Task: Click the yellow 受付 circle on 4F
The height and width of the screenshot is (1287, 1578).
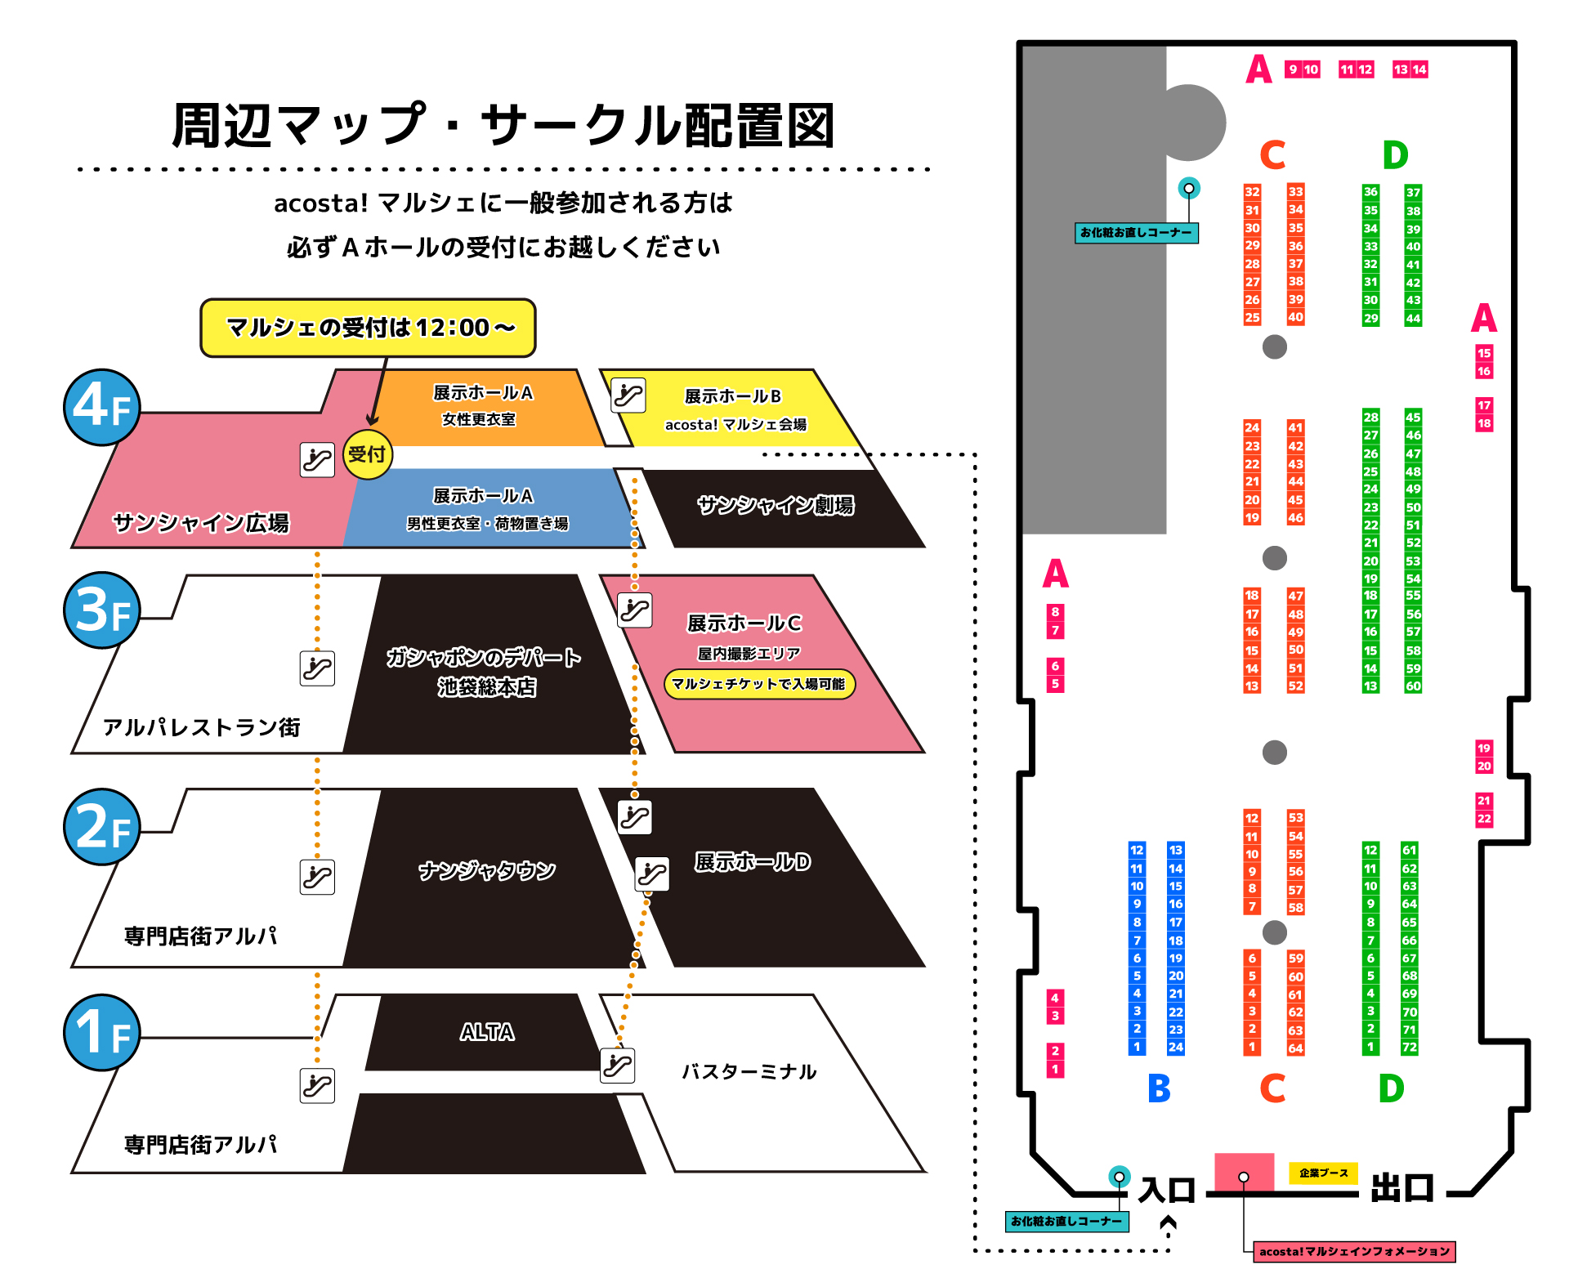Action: click(x=367, y=454)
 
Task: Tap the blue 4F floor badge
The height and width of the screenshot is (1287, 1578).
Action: click(x=102, y=407)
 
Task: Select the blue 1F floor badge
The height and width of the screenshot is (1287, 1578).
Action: click(x=102, y=1033)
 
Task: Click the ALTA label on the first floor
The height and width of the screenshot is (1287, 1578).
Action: click(x=487, y=1032)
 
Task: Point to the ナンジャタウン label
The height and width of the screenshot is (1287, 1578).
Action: click(x=487, y=871)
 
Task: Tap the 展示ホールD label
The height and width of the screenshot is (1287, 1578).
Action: click(x=753, y=862)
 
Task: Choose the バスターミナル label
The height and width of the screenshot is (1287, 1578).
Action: click(x=749, y=1071)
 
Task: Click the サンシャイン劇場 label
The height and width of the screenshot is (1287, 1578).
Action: click(x=776, y=506)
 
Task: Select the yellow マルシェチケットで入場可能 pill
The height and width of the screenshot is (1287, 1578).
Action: click(x=759, y=684)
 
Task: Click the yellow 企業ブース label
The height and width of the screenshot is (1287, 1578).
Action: click(x=1323, y=1173)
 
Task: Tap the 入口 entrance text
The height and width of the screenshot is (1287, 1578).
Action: click(x=1167, y=1190)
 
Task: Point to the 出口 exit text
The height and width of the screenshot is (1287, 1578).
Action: click(x=1402, y=1188)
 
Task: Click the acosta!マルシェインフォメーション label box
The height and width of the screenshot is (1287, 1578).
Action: click(x=1354, y=1251)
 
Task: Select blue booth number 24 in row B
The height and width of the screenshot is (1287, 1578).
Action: click(x=1176, y=1047)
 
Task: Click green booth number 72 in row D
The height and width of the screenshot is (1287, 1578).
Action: click(x=1410, y=1047)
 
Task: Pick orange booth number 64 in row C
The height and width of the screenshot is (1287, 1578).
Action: click(x=1296, y=1048)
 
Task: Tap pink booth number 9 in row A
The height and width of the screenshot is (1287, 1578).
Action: click(x=1293, y=69)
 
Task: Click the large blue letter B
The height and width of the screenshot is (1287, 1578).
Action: click(x=1159, y=1088)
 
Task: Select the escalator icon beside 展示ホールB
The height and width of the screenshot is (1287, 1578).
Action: click(x=628, y=395)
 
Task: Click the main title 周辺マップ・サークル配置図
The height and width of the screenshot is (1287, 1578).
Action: click(x=503, y=126)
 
